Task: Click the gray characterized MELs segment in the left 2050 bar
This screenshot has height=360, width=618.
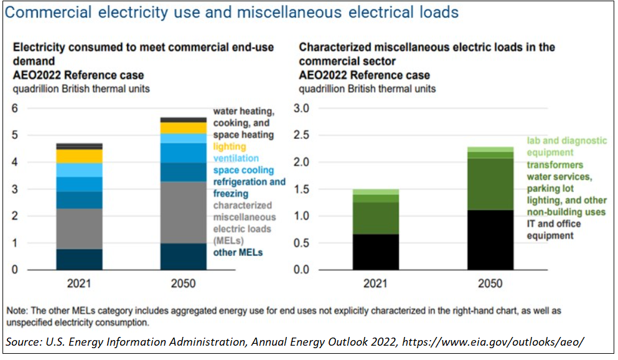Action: coord(184,212)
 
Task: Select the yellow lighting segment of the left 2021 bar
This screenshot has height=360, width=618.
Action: coord(79,156)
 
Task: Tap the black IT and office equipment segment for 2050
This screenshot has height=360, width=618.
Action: coord(490,240)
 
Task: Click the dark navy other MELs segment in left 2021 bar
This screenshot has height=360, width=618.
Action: coord(79,259)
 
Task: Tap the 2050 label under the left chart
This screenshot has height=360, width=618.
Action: coord(184,284)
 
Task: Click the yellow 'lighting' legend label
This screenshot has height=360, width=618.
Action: coord(229,147)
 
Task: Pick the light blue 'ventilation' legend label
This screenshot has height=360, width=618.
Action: coord(236,159)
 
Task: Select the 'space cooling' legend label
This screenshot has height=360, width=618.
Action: coord(243,170)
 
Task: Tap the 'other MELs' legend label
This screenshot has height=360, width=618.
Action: coord(238,252)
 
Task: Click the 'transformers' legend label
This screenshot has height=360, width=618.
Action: coord(555,164)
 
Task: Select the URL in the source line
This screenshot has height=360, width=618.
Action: coord(494,341)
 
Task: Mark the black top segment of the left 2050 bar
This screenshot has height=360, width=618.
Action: coord(184,120)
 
